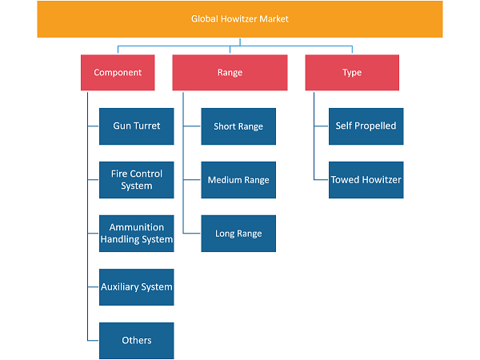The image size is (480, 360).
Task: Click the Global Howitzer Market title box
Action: click(x=240, y=19)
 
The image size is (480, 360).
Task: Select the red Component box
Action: click(x=118, y=73)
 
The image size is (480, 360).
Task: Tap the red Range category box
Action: click(x=230, y=73)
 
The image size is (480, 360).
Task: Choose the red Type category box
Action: click(x=352, y=73)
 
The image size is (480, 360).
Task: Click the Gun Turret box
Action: click(x=137, y=126)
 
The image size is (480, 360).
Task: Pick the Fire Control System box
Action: click(x=137, y=180)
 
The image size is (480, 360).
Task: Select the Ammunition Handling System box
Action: click(x=137, y=234)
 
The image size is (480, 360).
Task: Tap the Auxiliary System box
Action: click(x=137, y=287)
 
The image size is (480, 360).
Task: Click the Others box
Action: click(x=137, y=341)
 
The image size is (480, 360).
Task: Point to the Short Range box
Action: click(x=238, y=126)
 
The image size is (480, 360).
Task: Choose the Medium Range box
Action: click(x=238, y=180)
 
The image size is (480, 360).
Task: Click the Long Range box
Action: click(x=238, y=234)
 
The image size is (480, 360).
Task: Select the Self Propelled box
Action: click(x=366, y=126)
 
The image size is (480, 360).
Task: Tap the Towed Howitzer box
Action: click(x=366, y=180)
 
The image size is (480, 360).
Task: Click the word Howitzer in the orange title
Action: click(x=238, y=19)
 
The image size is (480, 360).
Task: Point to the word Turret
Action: click(x=148, y=126)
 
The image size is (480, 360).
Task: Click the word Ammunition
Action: click(x=137, y=227)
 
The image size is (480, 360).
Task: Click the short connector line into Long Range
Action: click(x=192, y=234)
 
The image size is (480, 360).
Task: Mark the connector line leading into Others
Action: click(x=93, y=341)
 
